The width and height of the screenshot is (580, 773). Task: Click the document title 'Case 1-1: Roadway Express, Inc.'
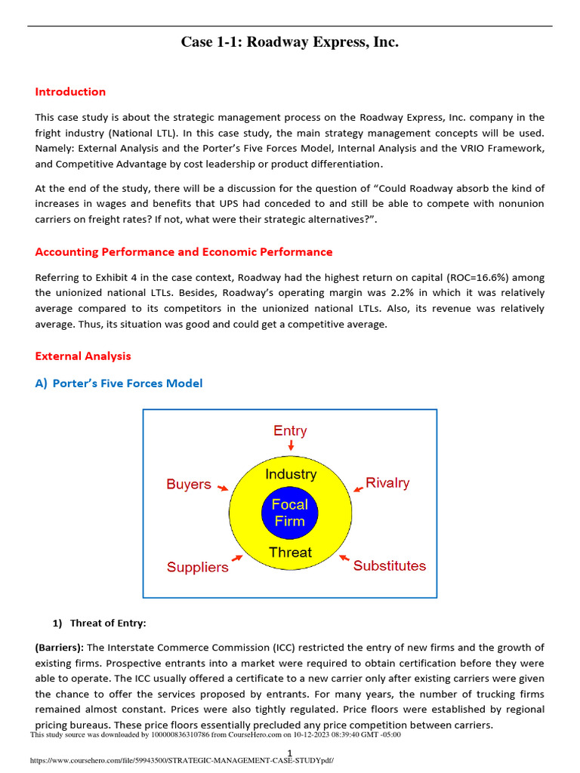pyautogui.click(x=289, y=42)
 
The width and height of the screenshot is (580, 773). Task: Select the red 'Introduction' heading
pyautogui.click(x=70, y=92)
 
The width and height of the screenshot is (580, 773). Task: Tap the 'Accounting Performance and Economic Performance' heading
pyautogui.click(x=184, y=252)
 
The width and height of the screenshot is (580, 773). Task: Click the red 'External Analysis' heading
pyautogui.click(x=83, y=356)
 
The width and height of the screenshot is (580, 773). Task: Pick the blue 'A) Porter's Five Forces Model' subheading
pyautogui.click(x=119, y=383)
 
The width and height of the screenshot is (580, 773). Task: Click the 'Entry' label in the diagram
pyautogui.click(x=290, y=431)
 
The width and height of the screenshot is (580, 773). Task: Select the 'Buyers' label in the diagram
pyautogui.click(x=189, y=484)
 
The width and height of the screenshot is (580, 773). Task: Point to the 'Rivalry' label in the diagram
pyautogui.click(x=387, y=482)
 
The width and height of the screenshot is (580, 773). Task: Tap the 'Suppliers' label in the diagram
pyautogui.click(x=197, y=567)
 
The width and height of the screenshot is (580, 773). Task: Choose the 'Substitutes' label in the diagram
pyautogui.click(x=390, y=565)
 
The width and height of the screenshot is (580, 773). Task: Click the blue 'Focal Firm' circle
pyautogui.click(x=290, y=513)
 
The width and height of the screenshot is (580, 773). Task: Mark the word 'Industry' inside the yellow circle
pyautogui.click(x=290, y=475)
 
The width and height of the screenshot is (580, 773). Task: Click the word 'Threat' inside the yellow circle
pyautogui.click(x=290, y=553)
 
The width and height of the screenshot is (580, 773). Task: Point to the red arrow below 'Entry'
pyautogui.click(x=291, y=446)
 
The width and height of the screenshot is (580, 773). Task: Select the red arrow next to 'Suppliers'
pyautogui.click(x=237, y=558)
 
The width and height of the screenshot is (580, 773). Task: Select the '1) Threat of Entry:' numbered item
pyautogui.click(x=98, y=624)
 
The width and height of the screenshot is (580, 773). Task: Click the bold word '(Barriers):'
pyautogui.click(x=60, y=648)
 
